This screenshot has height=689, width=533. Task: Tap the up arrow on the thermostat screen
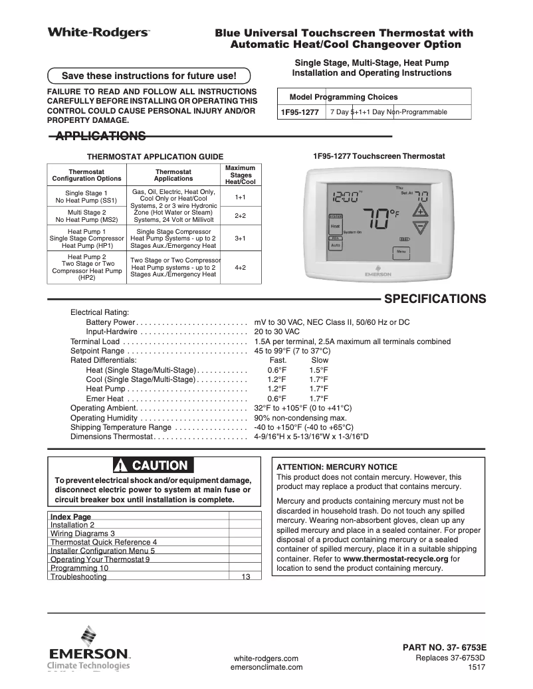click(419, 212)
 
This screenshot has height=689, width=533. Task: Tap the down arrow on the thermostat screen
click(419, 228)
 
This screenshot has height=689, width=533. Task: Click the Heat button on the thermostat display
click(336, 227)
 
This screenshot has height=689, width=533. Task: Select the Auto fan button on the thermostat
click(336, 245)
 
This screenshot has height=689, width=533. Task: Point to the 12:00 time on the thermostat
click(345, 197)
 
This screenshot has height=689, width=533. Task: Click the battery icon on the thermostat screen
click(404, 239)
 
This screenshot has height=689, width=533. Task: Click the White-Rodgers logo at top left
click(98, 32)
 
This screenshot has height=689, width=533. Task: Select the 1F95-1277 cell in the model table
click(300, 112)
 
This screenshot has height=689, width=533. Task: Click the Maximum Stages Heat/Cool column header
click(240, 175)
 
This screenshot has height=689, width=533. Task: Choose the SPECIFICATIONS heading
click(435, 298)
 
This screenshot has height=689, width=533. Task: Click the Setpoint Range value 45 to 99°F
click(292, 351)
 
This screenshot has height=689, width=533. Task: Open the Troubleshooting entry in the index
click(78, 577)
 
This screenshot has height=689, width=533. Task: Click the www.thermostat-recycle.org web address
click(395, 559)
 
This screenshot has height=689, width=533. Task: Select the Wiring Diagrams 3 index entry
click(83, 533)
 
